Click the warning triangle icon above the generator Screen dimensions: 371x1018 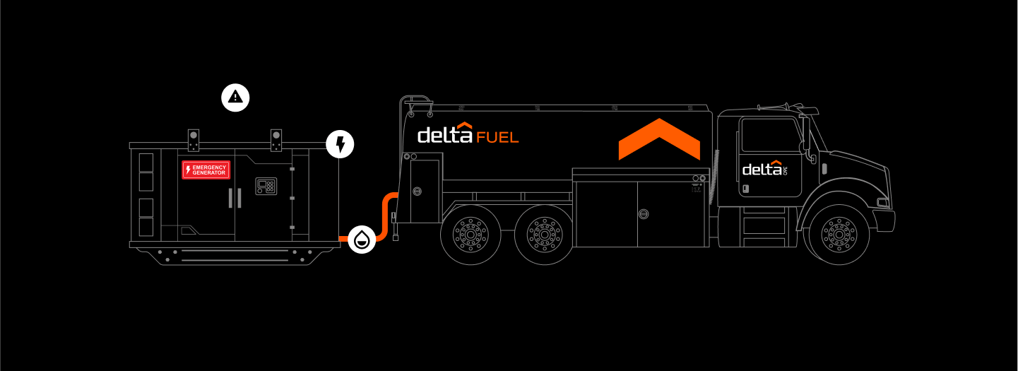point(235,97)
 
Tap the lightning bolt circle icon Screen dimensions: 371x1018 point(340,144)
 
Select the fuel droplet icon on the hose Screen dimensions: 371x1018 point(362,240)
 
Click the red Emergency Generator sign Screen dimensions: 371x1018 point(206,170)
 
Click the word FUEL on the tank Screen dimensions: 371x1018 point(497,136)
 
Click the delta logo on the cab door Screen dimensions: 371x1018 point(764,169)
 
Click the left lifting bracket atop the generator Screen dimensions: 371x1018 point(194,139)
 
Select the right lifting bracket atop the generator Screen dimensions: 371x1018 point(276,139)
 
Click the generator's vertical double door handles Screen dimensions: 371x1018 point(234,199)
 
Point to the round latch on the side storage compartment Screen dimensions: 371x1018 point(644,213)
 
